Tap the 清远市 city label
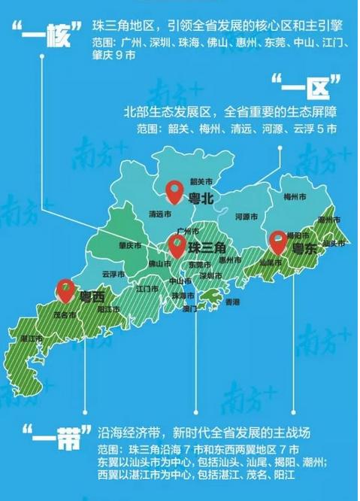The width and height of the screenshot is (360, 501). [162, 212]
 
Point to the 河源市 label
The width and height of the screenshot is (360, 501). [247, 217]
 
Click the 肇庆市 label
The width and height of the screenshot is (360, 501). [130, 245]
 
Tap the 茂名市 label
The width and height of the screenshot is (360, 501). [71, 314]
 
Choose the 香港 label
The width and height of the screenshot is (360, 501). [232, 302]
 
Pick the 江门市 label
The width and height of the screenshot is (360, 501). [147, 288]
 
